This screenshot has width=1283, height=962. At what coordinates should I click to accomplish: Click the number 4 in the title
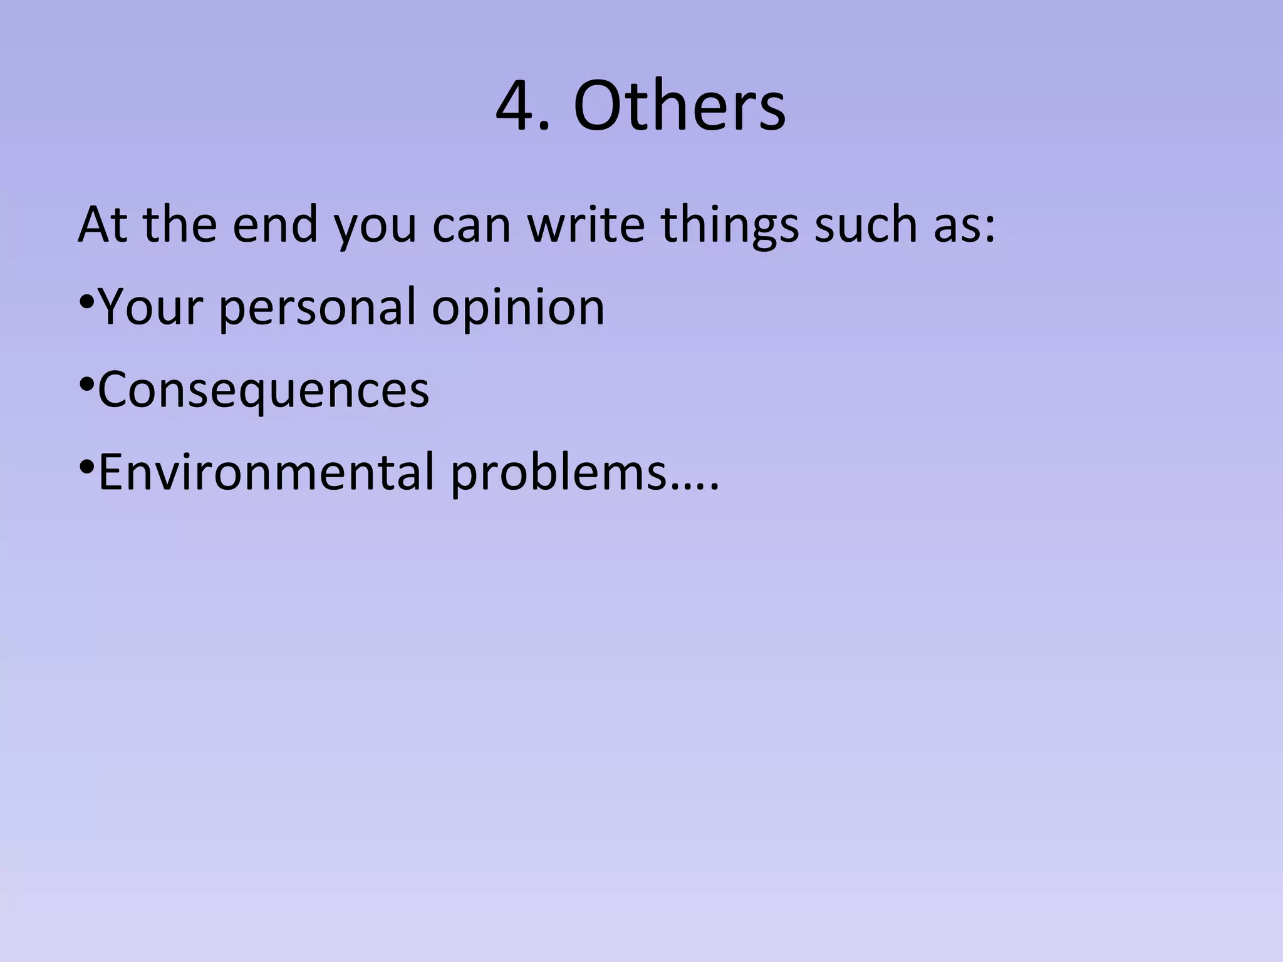coord(515,106)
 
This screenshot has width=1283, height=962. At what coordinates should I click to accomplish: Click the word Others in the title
coord(679,106)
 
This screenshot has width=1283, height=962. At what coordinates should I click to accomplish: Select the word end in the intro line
coord(275,224)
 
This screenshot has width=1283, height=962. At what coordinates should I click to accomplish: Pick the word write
coord(586,224)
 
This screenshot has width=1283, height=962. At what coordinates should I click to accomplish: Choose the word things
coord(730,225)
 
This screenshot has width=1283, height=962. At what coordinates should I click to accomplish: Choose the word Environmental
coord(266,472)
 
